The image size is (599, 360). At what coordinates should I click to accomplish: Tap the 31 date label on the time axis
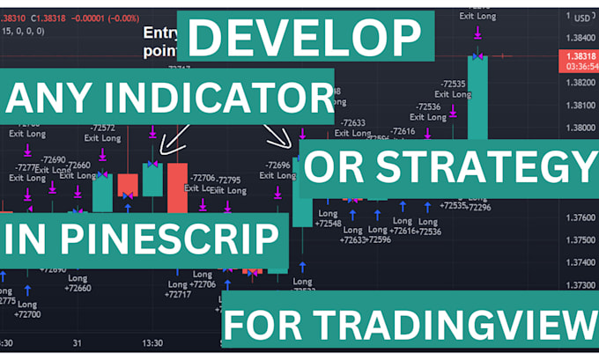78,343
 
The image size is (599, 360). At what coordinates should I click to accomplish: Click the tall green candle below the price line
478,97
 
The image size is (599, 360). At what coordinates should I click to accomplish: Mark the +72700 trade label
26,313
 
